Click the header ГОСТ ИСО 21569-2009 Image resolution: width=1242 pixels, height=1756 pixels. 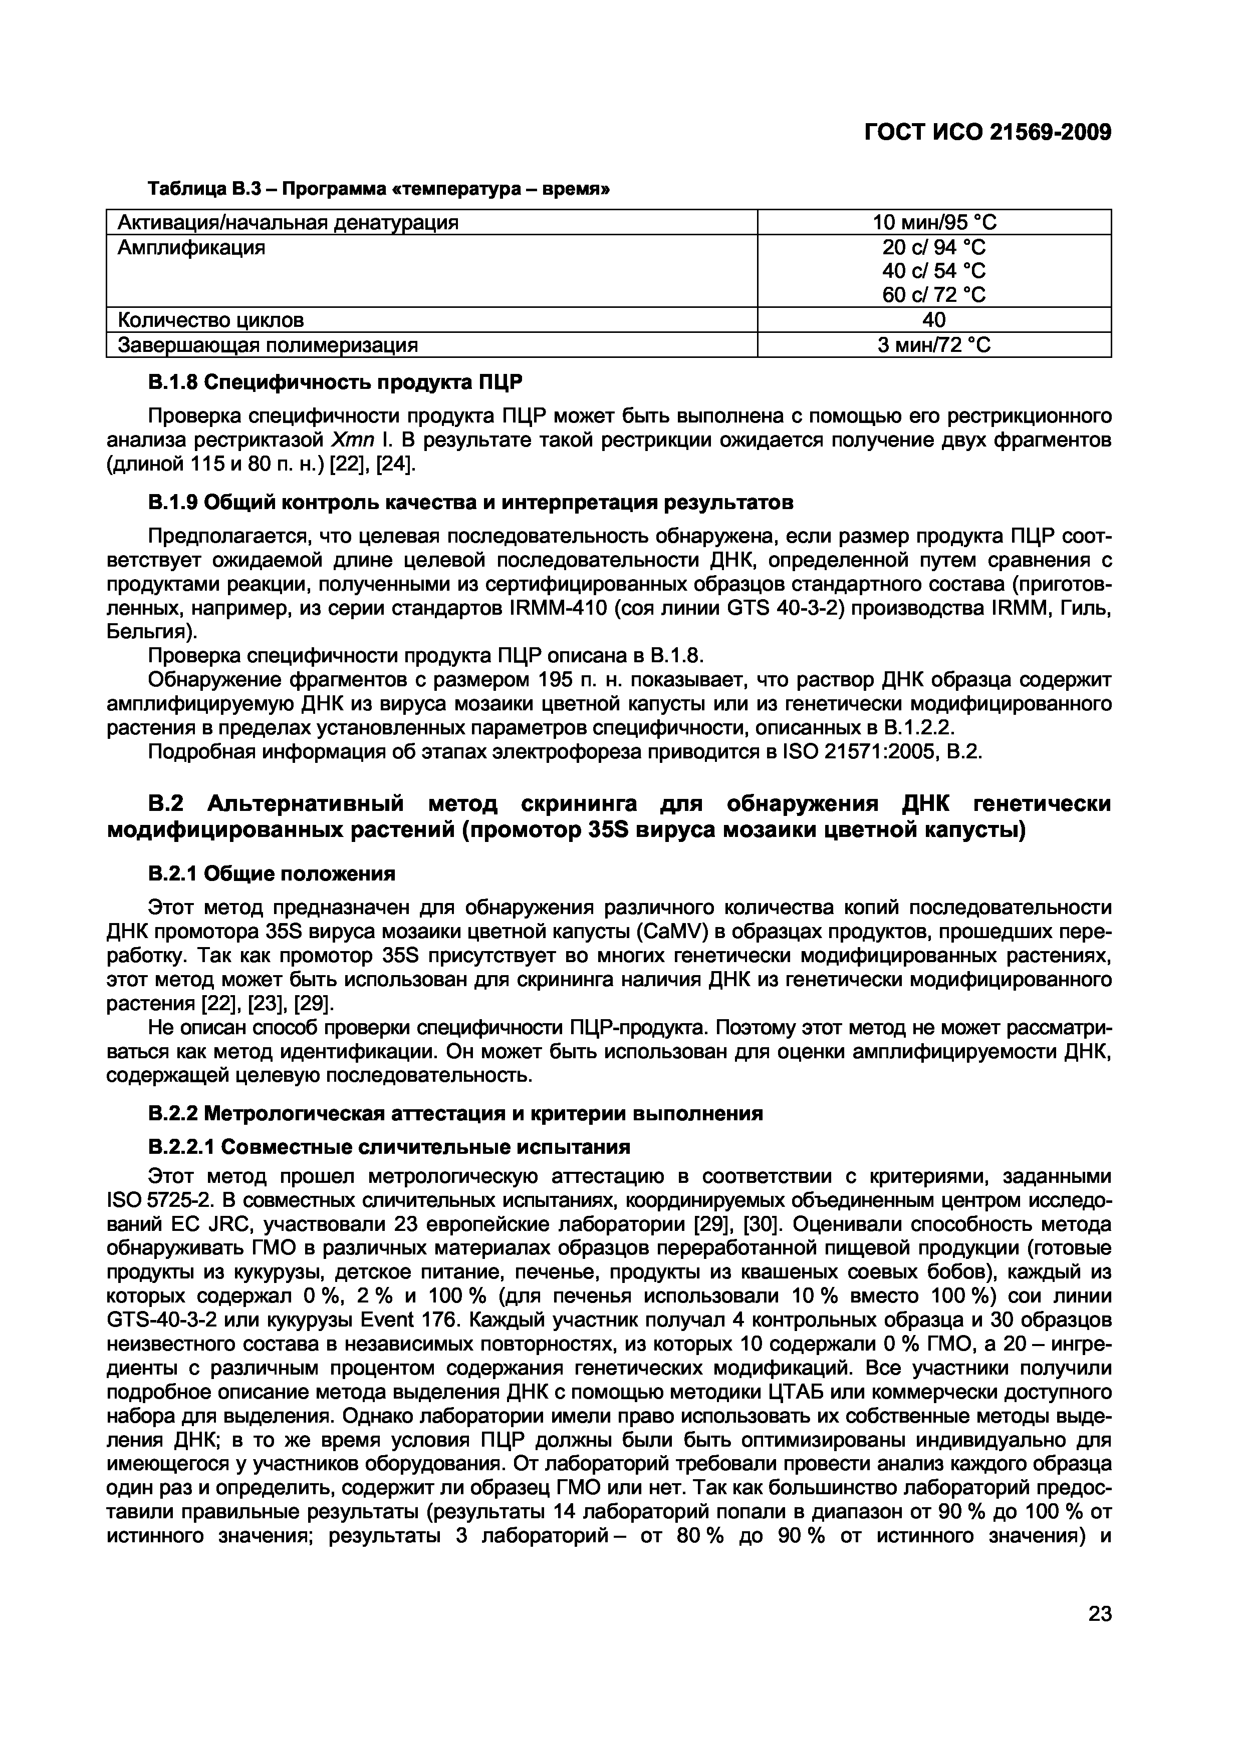pos(986,132)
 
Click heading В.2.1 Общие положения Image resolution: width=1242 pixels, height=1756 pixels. pos(271,873)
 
